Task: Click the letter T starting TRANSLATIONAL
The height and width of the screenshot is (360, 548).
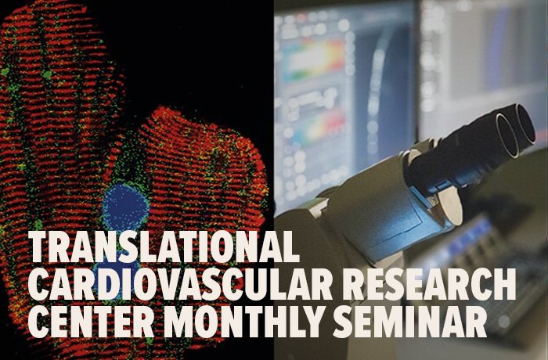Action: tap(41, 248)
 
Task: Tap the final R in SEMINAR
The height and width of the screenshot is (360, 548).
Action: tap(499, 322)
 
